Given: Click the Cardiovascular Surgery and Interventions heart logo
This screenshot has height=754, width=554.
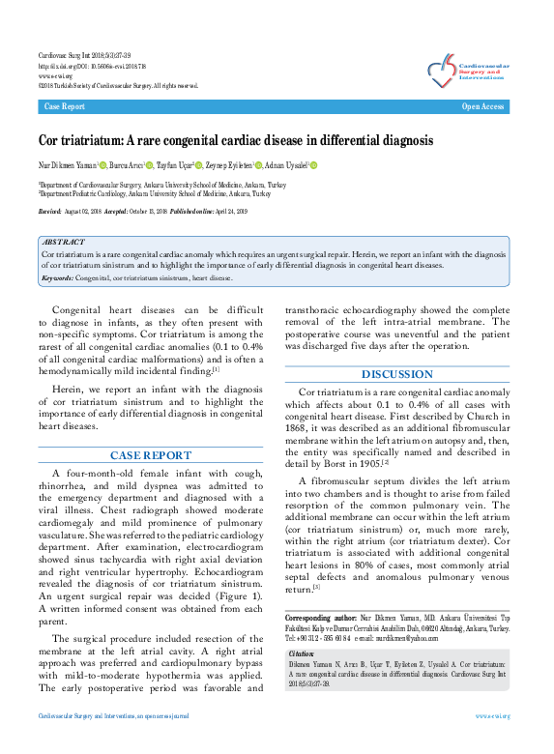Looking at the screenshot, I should [x=443, y=69].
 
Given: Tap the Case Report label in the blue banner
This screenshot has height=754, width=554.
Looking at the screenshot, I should [x=65, y=106].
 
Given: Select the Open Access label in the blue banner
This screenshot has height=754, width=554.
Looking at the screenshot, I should [x=482, y=106].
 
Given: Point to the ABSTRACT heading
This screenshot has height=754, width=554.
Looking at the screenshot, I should [x=64, y=242].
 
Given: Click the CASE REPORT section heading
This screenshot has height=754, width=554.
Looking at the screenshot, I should [x=150, y=454].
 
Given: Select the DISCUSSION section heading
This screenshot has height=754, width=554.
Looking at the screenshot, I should [x=396, y=374].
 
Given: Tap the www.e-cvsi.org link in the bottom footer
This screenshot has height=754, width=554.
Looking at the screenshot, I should [x=493, y=742].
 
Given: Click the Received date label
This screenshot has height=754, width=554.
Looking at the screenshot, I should [x=49, y=210].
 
